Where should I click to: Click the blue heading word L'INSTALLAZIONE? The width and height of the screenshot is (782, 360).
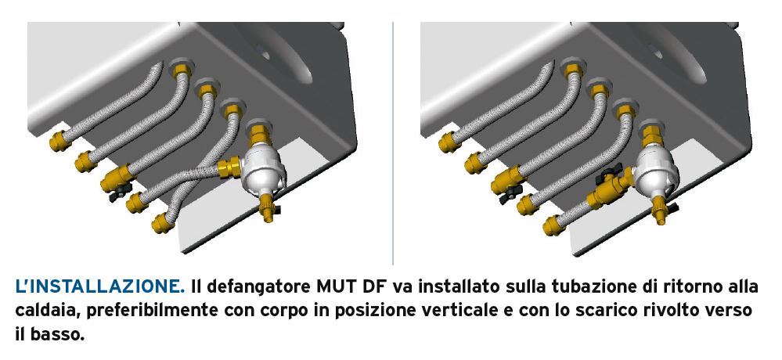tap(99, 286)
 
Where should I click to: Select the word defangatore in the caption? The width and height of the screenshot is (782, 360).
tap(258, 287)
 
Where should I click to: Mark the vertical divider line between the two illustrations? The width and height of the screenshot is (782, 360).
tap(393, 143)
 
